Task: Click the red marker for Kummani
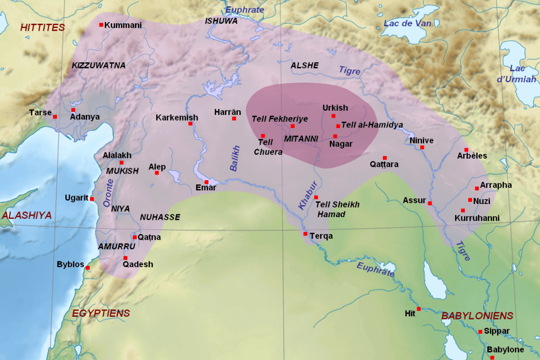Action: [101, 25]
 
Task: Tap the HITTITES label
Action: [42, 27]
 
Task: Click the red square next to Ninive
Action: [422, 148]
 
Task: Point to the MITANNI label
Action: [301, 139]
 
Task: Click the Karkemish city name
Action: [177, 118]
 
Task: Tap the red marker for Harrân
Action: [234, 119]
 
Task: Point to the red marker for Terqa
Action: [305, 233]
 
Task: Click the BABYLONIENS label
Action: [477, 316]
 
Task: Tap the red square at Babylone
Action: [492, 358]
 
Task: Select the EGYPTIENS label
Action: [101, 313]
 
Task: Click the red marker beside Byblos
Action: [88, 268]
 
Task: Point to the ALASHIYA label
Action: [26, 215]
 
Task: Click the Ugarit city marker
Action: [92, 199]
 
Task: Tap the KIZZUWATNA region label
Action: [99, 65]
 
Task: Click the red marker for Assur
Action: [430, 203]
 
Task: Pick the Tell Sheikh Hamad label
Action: [337, 209]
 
